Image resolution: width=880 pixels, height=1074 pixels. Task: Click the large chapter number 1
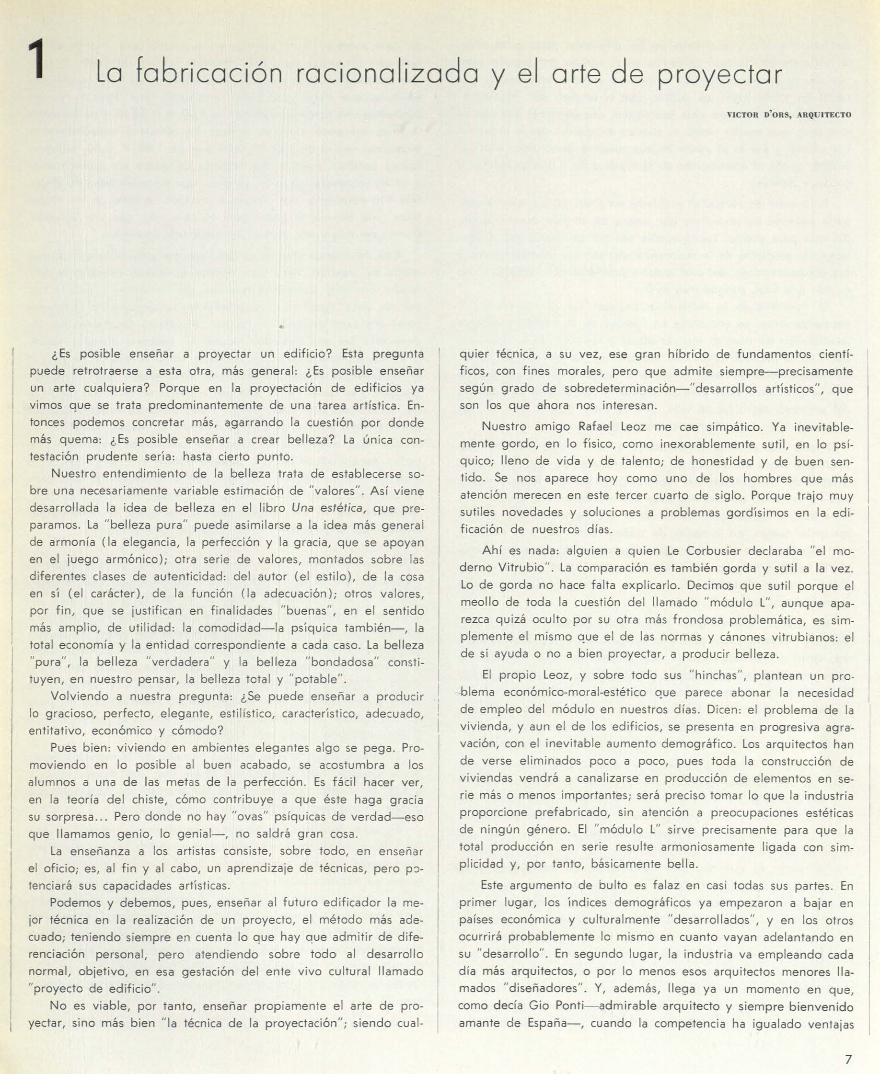[x=37, y=60]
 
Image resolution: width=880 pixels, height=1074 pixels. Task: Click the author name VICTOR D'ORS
[x=759, y=114]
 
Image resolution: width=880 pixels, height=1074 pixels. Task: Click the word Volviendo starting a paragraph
[x=80, y=696]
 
